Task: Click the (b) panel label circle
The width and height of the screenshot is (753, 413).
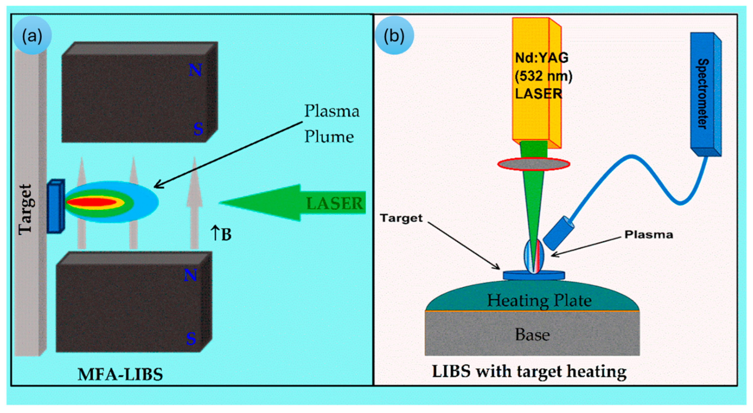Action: coord(395,35)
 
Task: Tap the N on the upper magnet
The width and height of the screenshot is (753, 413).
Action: coord(195,70)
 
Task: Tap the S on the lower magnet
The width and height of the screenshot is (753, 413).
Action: coord(191,338)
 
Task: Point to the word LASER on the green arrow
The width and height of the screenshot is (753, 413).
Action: coord(334,203)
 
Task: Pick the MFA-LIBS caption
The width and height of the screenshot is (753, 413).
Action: coord(120,374)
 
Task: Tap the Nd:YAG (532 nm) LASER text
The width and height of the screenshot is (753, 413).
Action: coord(543,76)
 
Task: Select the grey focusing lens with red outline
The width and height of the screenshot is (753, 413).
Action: coord(534,164)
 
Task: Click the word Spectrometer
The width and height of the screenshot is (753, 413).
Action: coord(703,94)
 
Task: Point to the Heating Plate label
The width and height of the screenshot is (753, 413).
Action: coord(539,301)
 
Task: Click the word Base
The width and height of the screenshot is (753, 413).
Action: coord(532,335)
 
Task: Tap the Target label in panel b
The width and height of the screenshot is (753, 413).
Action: coord(401,218)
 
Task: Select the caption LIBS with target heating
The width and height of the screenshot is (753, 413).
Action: coord(529,372)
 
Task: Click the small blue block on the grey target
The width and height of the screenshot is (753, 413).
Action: coord(56,206)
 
